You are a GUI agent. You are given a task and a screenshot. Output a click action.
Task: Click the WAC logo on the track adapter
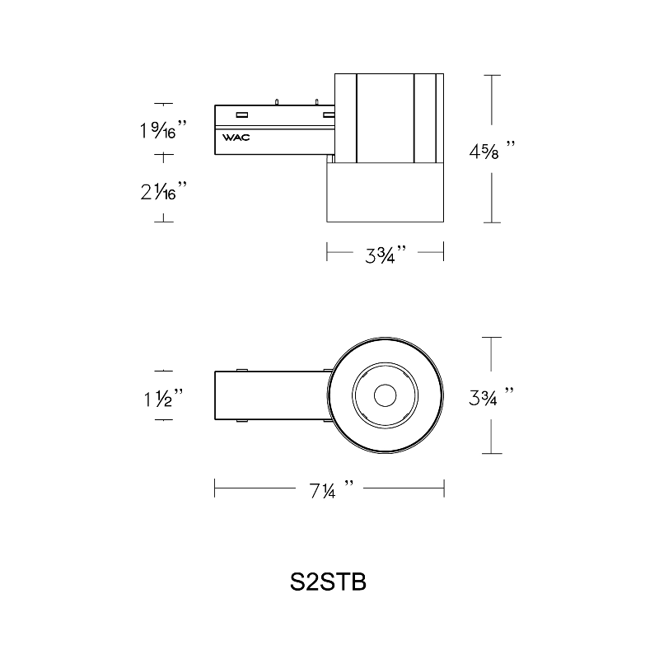pos(236,138)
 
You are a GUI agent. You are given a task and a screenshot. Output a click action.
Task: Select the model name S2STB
pos(328,582)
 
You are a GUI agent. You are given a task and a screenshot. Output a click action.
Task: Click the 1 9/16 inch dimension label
pos(163,129)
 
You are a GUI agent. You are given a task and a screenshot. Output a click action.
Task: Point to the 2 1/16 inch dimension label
pos(163,191)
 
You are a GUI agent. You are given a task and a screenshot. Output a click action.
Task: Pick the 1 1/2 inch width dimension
pos(163,399)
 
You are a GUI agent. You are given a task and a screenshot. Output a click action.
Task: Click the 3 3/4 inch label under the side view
pos(386,255)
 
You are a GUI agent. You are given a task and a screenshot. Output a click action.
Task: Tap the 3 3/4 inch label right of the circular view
pos(491,397)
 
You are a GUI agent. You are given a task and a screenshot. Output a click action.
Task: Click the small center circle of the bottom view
pos(385,395)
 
